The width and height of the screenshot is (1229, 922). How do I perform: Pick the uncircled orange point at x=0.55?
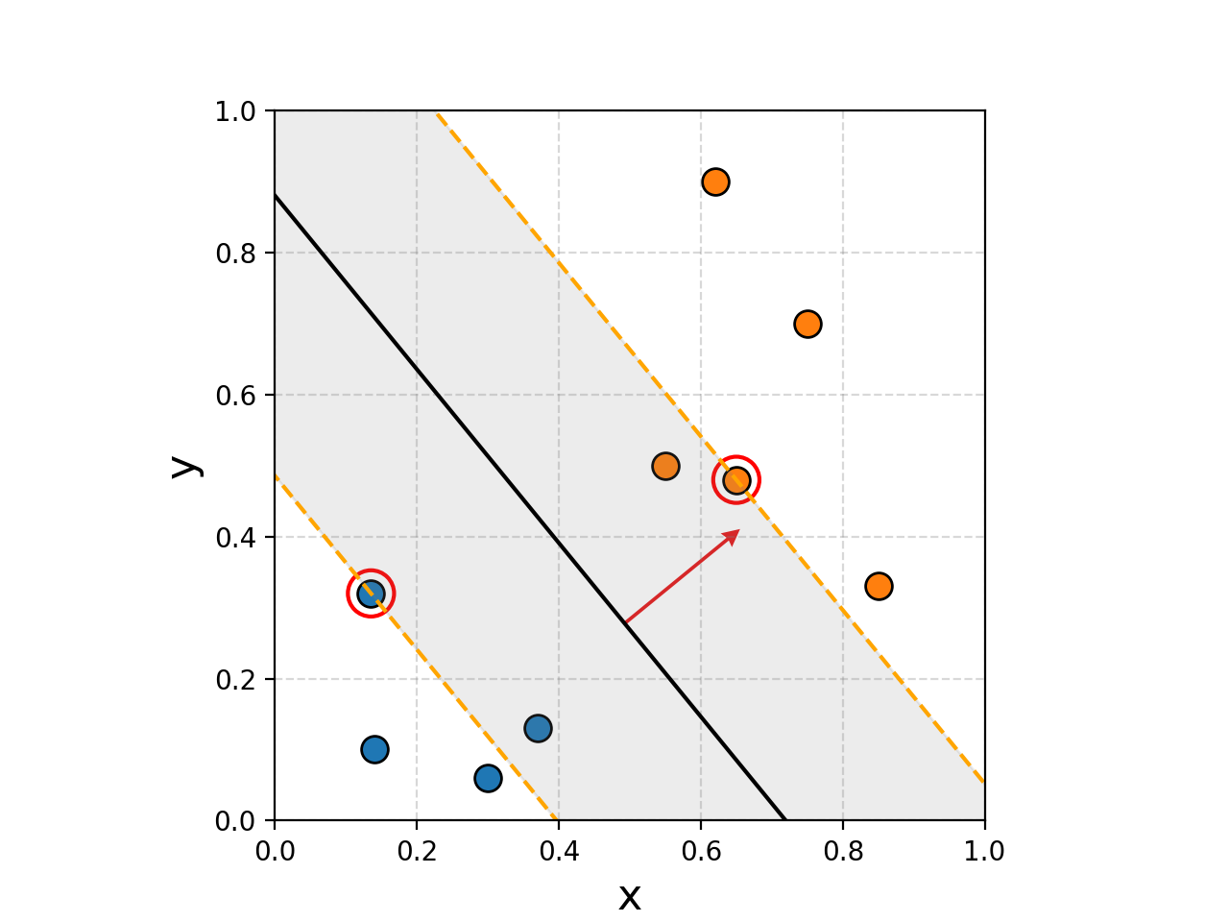point(665,466)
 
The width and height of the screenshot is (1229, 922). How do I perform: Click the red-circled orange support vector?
point(736,479)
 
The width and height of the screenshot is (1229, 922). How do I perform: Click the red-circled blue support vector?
point(371,594)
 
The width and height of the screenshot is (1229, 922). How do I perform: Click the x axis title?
point(630,897)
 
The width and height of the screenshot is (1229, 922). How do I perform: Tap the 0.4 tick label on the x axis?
point(559,851)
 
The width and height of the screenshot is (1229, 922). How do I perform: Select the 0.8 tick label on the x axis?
point(843,851)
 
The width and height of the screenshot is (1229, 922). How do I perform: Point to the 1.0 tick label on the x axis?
point(984,851)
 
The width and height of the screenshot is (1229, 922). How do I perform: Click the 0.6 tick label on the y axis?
point(236,396)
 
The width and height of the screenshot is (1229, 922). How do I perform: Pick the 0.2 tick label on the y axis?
point(236,680)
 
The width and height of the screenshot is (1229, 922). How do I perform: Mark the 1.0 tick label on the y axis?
point(236,111)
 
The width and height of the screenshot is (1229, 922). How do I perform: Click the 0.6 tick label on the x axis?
point(701,851)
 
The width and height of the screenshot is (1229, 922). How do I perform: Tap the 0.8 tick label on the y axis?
point(236,254)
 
